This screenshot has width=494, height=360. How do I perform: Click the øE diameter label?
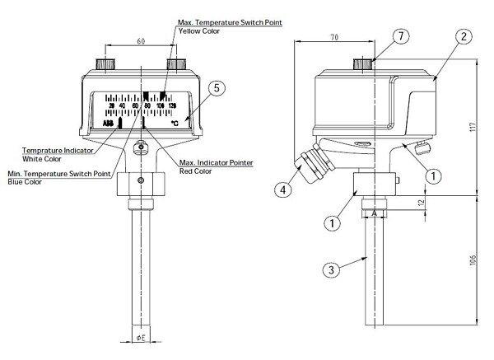141,338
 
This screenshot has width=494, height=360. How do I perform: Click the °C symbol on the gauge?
174,123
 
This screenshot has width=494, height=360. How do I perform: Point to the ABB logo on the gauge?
109,123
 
